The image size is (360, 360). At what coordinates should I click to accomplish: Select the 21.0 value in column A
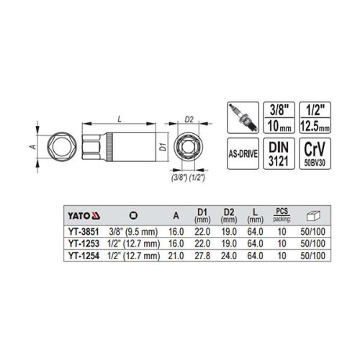point(176,255)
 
